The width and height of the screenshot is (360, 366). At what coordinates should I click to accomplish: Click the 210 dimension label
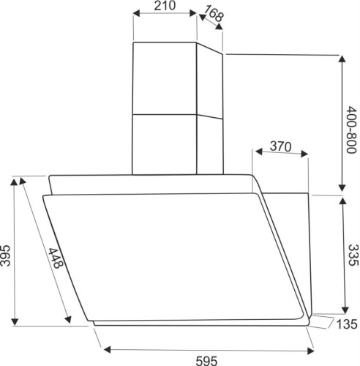[165, 6]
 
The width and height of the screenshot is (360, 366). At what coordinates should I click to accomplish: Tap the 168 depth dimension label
[214, 13]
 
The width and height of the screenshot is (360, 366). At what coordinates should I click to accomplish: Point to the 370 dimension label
[280, 146]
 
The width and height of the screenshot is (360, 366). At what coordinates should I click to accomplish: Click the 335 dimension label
[353, 255]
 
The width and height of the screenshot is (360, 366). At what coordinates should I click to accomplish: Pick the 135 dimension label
[347, 324]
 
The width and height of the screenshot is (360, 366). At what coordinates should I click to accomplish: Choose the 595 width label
[206, 361]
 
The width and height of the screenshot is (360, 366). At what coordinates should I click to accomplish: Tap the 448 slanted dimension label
[56, 258]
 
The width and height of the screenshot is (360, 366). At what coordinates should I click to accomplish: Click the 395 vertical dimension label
[6, 255]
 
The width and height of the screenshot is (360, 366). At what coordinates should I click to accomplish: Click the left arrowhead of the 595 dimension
[107, 349]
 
